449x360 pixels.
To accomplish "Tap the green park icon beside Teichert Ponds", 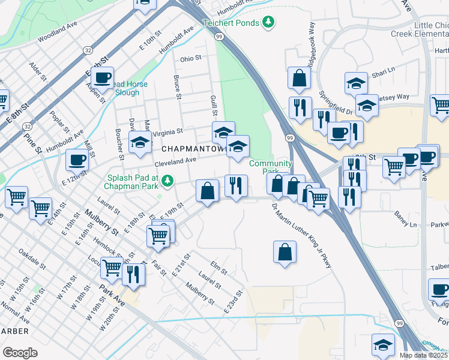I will pos(270,23).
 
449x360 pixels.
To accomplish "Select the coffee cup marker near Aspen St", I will pos(103,77).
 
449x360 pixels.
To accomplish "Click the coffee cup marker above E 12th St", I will pos(77,160).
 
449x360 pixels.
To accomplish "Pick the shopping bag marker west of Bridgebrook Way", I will pos(299,77).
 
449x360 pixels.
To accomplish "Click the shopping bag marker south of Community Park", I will pos(285,251).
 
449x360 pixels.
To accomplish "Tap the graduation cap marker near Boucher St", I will pos(140,143).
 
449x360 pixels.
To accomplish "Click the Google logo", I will pos(20,352).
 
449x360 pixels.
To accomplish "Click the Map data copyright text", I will pos(423,355).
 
